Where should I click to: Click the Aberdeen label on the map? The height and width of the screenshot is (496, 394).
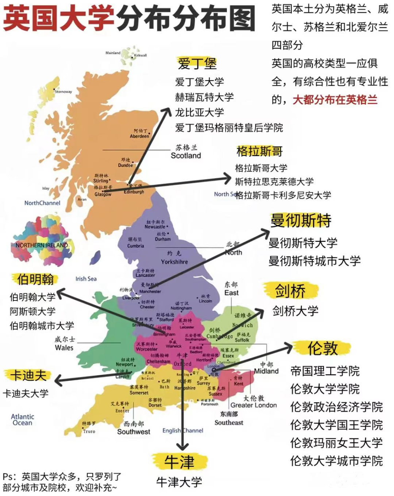139,136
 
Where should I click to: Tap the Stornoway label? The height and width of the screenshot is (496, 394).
63,92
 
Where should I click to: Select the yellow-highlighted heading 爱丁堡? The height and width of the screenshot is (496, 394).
197,63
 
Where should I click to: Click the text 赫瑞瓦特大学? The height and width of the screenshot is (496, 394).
204,97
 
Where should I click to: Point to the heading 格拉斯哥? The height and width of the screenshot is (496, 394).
259,151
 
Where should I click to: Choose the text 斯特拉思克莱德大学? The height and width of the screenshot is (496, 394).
274,181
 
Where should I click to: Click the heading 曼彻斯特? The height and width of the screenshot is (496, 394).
301,220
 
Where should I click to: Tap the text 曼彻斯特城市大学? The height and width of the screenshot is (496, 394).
314,261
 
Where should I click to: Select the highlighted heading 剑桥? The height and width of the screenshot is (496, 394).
290,291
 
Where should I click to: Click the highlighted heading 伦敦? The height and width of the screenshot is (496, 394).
322,348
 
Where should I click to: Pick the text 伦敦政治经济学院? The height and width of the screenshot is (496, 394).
336,407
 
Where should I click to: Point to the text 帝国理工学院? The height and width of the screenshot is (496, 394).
325,371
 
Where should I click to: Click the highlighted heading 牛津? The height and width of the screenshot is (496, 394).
179,462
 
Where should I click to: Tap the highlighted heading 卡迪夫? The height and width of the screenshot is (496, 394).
28,375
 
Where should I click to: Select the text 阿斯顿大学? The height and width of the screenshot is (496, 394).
32,311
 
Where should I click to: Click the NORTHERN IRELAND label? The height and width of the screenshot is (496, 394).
42,245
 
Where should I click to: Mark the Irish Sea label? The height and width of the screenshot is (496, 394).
86,279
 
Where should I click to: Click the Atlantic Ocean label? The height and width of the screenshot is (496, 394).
22,420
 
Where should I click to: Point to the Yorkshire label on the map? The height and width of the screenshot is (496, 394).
174,261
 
